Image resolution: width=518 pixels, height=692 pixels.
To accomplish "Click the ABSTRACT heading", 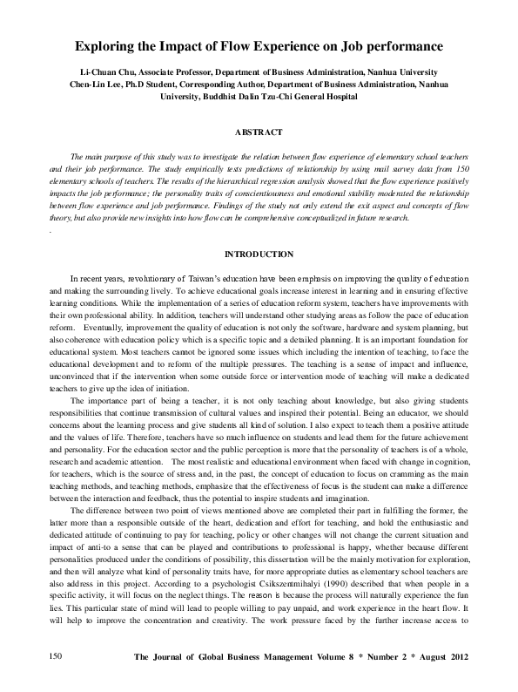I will pos(259,132).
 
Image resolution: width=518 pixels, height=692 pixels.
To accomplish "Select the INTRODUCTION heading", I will pos(259,254).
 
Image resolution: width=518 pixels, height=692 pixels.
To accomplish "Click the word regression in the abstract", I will pos(260,177).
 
